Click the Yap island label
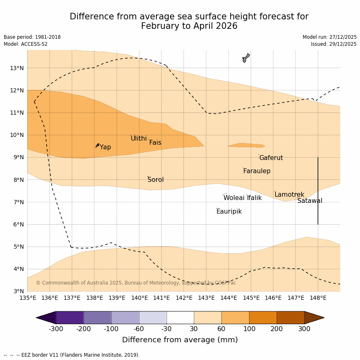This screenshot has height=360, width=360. point(105,147)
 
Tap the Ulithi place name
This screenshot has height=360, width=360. point(139,139)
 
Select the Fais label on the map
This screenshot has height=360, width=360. point(155,143)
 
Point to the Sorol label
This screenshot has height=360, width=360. point(155,180)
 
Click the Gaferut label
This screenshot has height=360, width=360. point(271,158)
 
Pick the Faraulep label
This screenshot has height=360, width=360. point(256,171)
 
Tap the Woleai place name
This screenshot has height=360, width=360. point(234,198)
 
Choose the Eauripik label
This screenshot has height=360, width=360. point(229,212)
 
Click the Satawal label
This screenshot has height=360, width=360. point(310,201)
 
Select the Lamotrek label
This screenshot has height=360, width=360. point(289,195)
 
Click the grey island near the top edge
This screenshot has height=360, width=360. point(246,58)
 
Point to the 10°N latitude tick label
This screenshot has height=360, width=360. point(17,135)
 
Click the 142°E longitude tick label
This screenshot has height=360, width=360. point(184,298)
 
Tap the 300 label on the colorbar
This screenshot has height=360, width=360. point(304,329)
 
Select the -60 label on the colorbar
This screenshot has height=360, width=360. point(139,329)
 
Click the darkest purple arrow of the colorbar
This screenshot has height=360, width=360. point(46,318)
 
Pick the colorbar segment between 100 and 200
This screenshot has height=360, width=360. point(263,318)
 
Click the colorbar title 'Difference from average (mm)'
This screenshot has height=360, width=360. point(180,340)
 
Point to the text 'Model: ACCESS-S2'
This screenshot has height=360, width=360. point(26,44)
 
